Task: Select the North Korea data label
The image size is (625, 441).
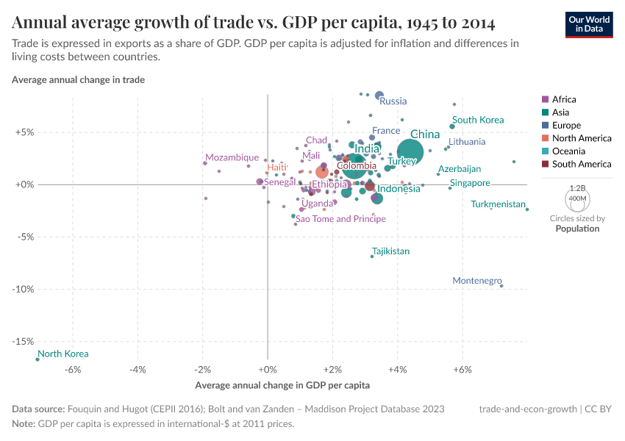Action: [63, 354]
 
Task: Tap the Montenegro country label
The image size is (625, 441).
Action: [476, 281]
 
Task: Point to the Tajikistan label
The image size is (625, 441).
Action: [390, 251]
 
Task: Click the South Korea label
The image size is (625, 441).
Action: [478, 120]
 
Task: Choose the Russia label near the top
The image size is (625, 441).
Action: [393, 101]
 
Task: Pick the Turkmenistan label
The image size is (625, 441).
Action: [498, 204]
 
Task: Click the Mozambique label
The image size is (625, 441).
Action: [232, 157]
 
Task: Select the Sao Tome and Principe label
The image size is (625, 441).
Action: [340, 219]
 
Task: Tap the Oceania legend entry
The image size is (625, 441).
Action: [568, 151]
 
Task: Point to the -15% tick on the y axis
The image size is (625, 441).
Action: [24, 342]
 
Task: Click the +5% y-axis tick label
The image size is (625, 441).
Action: [24, 132]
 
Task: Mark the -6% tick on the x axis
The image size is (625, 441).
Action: [73, 369]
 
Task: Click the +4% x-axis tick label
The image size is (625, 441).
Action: [398, 369]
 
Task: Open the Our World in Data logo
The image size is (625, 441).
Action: [589, 24]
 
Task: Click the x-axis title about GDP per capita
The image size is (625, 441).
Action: [282, 385]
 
